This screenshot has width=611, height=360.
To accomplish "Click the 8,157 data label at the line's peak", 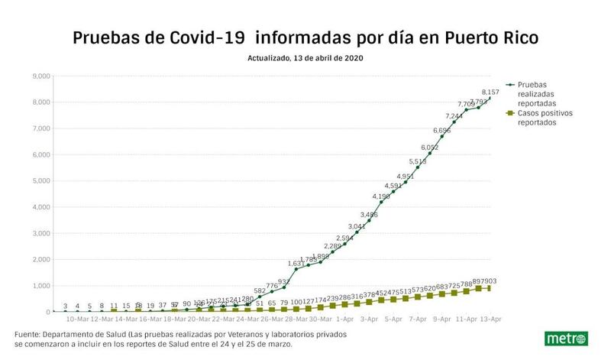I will click(490, 92).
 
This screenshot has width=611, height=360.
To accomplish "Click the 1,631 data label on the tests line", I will click(296, 264).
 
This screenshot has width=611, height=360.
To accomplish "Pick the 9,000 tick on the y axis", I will click(40, 76).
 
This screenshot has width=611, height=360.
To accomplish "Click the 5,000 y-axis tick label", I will click(40, 181).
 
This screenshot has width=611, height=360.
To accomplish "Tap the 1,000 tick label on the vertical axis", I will click(40, 286).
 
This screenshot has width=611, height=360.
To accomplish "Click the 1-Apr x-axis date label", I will click(344, 319).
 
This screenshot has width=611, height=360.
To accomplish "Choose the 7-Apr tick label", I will click(418, 319).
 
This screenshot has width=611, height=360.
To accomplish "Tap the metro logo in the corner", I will click(565, 339).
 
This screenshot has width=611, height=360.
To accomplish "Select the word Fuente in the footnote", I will click(29, 335).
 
